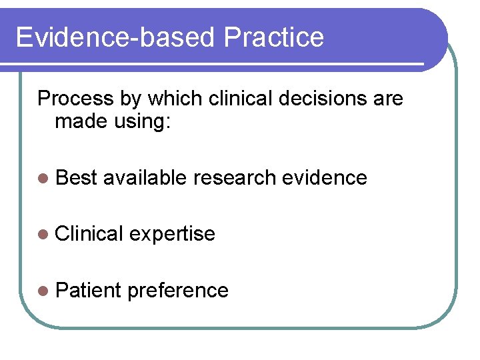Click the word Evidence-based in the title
click(x=115, y=37)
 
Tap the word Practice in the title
click(x=274, y=37)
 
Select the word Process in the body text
click(x=75, y=99)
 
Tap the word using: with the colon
click(x=143, y=123)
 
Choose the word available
click(x=145, y=177)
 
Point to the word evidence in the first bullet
click(x=325, y=177)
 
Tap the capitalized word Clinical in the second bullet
click(x=90, y=233)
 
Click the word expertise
click(x=172, y=234)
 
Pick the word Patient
click(x=88, y=290)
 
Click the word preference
click(x=177, y=291)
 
